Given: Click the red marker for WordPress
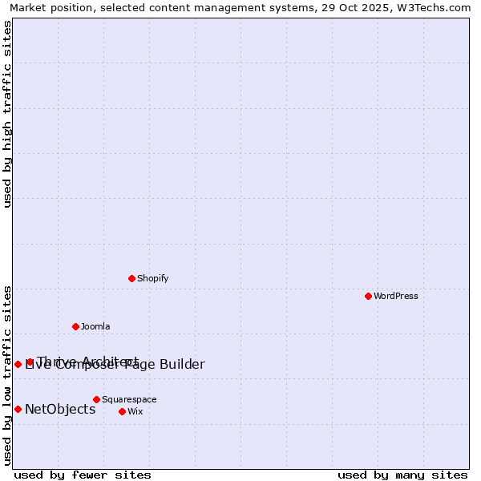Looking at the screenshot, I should click(368, 296).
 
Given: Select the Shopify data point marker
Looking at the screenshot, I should click(131, 278).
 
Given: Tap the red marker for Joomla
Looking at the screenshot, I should click(75, 326).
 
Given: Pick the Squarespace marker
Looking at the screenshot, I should click(96, 399).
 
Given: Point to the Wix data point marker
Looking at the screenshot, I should click(122, 411).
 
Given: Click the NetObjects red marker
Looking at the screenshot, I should click(18, 409).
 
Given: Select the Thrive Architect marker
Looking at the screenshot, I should click(30, 362).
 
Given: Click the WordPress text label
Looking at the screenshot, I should click(396, 296).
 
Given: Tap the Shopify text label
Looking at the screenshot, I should click(152, 278).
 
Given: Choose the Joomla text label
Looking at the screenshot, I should click(95, 326).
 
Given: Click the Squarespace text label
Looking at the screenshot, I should click(129, 399).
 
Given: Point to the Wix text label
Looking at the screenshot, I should click(135, 411).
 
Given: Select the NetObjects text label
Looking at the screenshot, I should click(60, 409).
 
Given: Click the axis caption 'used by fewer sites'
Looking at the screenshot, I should click(83, 475).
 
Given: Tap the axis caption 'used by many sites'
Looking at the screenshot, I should click(402, 475).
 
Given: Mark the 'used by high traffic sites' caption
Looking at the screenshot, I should click(7, 114).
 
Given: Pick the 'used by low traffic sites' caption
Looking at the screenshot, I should click(7, 374).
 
